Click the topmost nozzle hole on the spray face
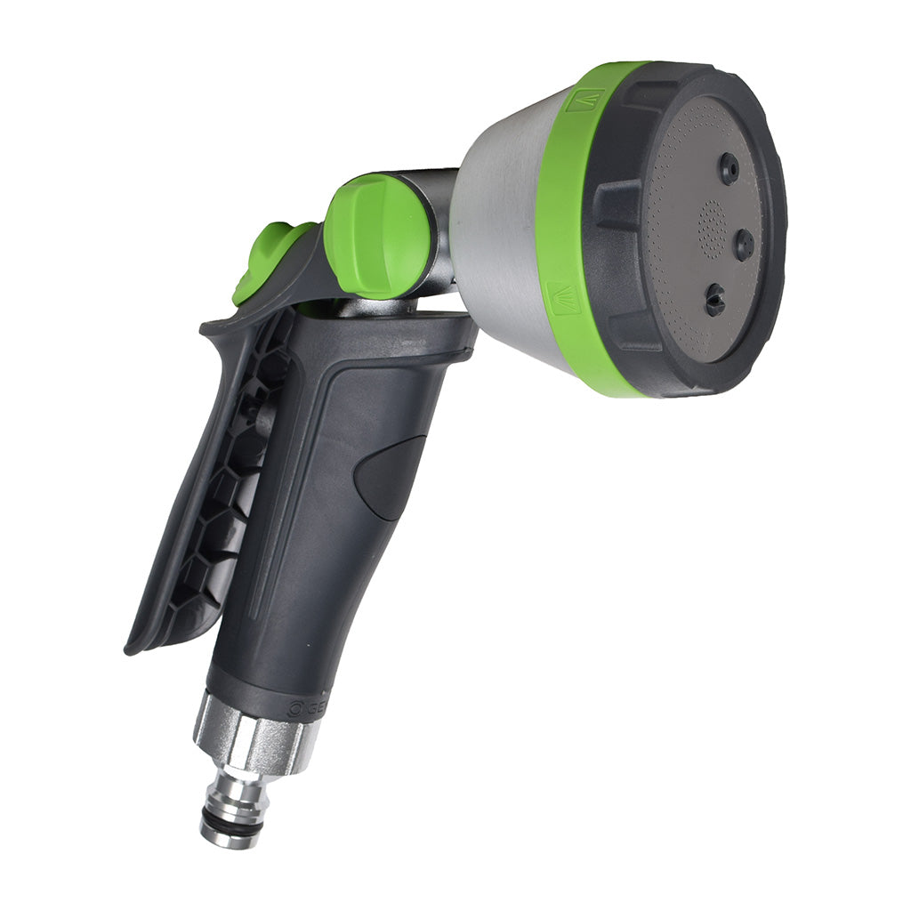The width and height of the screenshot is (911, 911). point(729,168)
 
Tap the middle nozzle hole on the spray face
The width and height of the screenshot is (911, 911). point(743,244)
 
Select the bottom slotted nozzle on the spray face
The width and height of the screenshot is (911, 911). point(714,301)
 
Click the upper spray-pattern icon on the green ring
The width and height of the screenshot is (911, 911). point(584,100)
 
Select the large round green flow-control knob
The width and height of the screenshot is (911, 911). point(377,235)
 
